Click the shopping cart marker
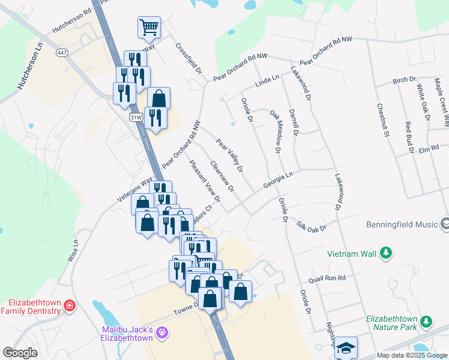tap(149, 27)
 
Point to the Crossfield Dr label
tap(189, 58)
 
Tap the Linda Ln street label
tap(268, 82)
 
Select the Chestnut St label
tap(384, 120)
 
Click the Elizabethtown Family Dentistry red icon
tap(70, 306)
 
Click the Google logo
tap(20, 353)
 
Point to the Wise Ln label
tap(73, 250)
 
